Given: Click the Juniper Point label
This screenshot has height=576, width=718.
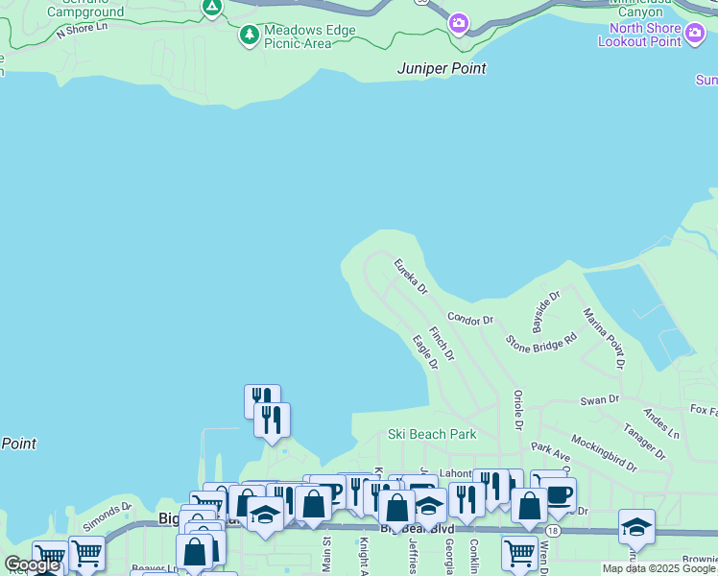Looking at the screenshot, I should pos(442,69).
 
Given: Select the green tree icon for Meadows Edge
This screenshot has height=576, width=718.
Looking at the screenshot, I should pos(250,36).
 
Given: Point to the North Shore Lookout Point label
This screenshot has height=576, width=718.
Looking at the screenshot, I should pos(640,34).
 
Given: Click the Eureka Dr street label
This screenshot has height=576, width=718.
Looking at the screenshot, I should pos(410,276).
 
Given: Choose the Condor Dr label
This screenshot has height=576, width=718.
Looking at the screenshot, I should pos(469,319).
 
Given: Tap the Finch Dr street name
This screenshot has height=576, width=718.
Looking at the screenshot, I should pos(442,344).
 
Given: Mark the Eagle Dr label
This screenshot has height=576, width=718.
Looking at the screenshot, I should pos(424,352).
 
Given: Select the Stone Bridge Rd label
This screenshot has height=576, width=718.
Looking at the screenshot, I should pos(541,339).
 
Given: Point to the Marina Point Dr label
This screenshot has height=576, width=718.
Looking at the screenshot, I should pos(604,338).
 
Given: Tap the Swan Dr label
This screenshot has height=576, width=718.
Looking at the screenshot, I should pos(600,399).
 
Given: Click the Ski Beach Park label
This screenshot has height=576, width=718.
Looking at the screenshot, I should pos(432,434).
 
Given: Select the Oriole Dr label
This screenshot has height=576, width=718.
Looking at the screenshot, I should pos(517,409).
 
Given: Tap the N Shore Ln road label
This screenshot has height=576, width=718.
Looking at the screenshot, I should pos(82,31).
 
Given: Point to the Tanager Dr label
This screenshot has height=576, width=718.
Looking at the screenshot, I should pos(643,441).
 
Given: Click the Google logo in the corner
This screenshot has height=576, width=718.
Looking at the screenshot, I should pos(32,565).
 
